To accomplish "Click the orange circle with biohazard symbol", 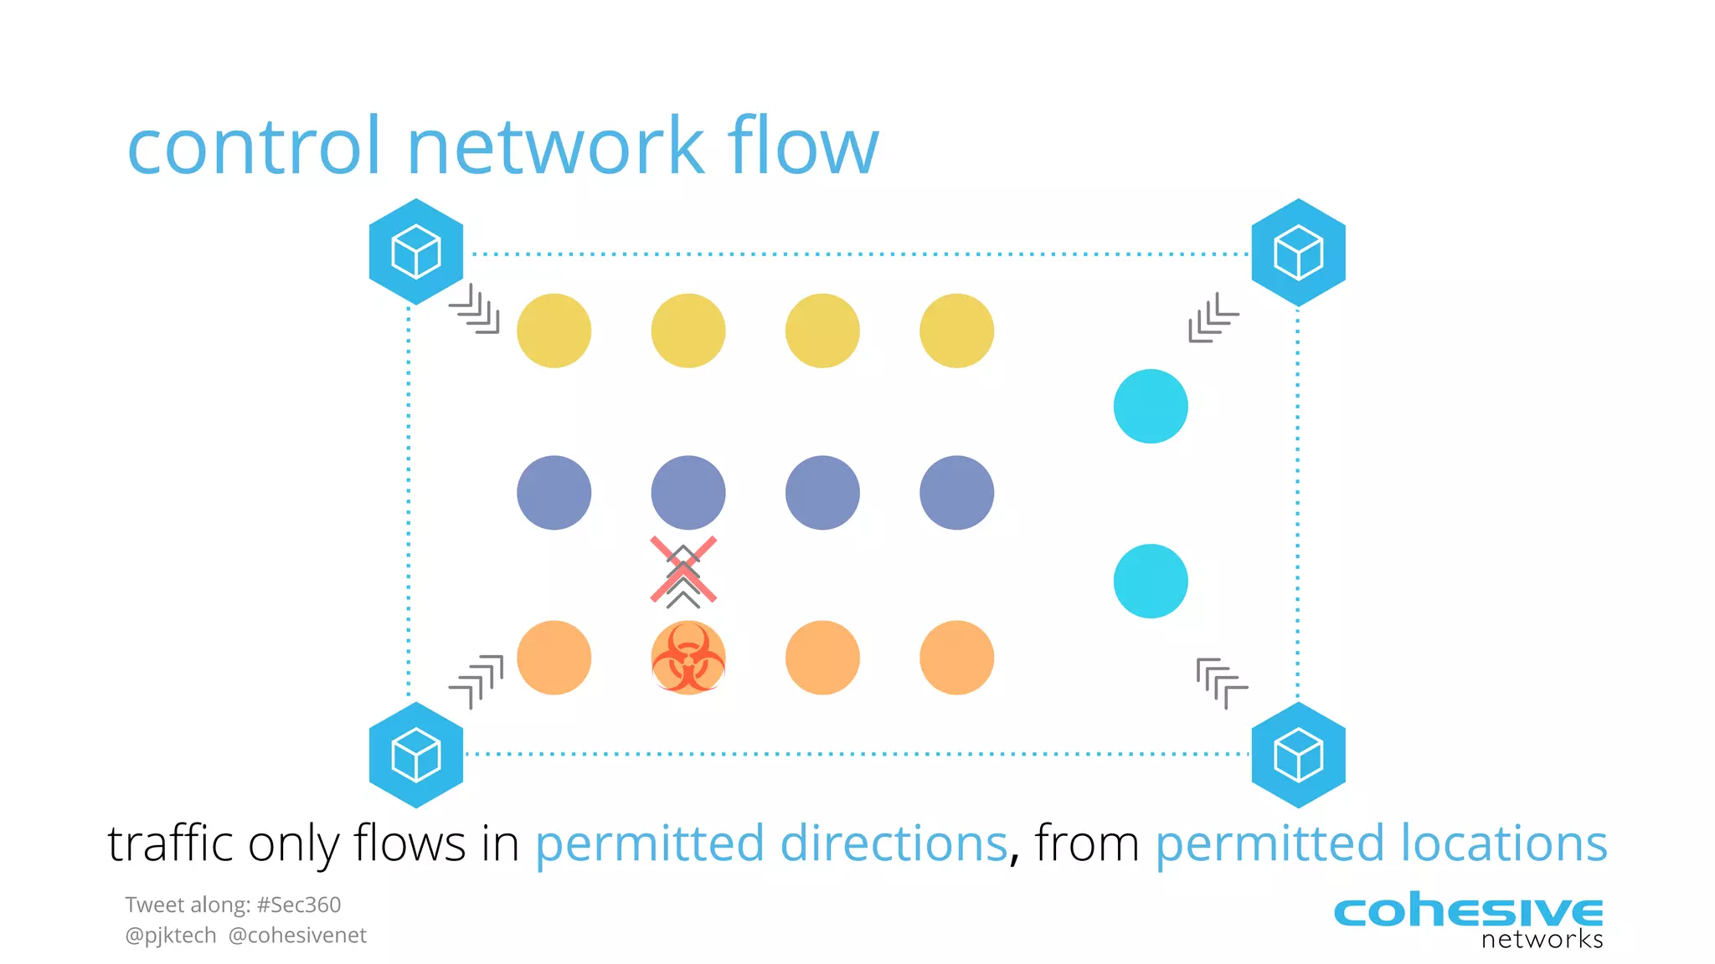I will click(x=688, y=658).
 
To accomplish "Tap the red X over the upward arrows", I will click(x=683, y=570).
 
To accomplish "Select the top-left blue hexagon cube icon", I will click(x=416, y=252).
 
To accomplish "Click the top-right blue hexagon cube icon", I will click(x=1298, y=252).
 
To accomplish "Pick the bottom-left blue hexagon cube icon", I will click(x=416, y=755).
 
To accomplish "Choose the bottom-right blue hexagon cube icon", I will click(x=1298, y=755).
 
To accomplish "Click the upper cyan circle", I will click(x=1151, y=406).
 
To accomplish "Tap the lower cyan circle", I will click(x=1151, y=581).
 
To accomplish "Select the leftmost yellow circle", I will click(x=554, y=331).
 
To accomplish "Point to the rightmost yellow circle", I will click(x=956, y=331).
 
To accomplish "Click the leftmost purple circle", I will click(x=554, y=493).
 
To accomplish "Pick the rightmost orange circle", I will click(x=956, y=658).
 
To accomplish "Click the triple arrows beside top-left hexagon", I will click(x=475, y=310).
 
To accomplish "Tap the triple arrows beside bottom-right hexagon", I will click(x=1221, y=682).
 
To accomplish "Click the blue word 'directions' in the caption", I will click(x=893, y=843).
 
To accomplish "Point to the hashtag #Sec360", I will click(x=299, y=905).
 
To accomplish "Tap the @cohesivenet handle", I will click(x=297, y=936).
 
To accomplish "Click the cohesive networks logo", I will click(x=1468, y=920).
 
